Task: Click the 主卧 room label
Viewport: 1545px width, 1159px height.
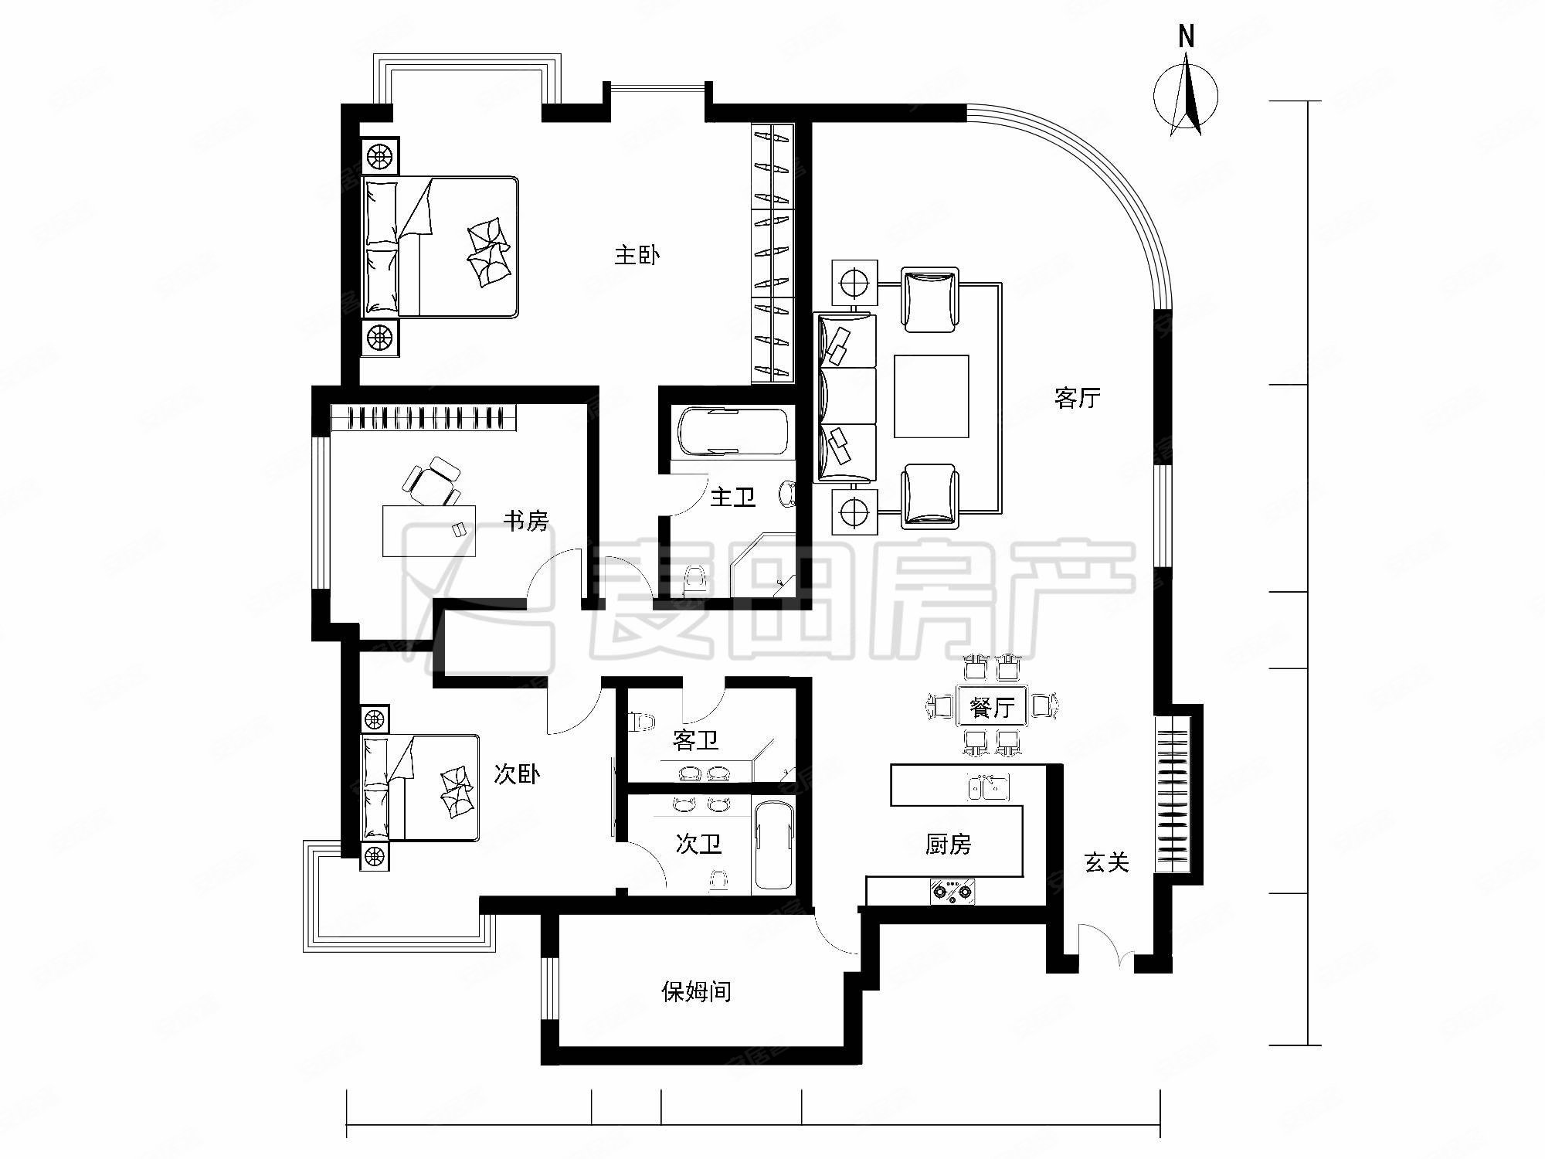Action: (x=637, y=256)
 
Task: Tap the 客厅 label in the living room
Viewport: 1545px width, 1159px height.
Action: (x=1077, y=399)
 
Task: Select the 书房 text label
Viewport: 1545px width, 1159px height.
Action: (x=525, y=522)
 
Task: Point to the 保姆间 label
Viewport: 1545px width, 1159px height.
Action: (x=696, y=991)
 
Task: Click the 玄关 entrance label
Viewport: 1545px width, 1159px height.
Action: (x=1107, y=862)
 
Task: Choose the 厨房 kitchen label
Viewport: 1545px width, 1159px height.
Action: (x=948, y=845)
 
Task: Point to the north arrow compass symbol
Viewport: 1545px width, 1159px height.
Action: (x=1187, y=97)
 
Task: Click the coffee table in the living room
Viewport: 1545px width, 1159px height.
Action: (x=931, y=396)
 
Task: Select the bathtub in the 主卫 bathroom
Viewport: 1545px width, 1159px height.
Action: (x=732, y=432)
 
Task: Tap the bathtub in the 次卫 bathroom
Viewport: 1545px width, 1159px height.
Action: (x=772, y=847)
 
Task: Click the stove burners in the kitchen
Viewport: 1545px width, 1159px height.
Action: (x=953, y=892)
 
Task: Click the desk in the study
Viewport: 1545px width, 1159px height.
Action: (x=430, y=530)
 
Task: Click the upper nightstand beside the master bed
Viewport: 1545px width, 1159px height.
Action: (x=379, y=158)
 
